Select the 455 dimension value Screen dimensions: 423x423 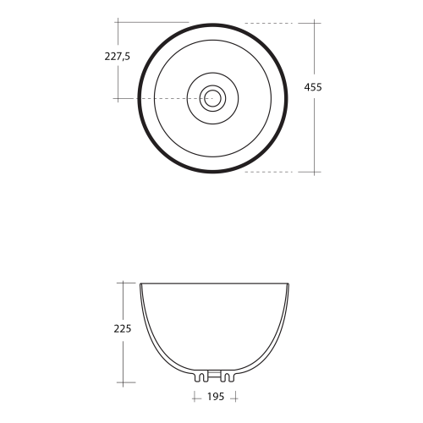(313, 87)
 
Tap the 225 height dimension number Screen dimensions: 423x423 (122, 328)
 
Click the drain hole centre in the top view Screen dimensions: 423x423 (212, 98)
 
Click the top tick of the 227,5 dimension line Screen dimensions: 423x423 (118, 23)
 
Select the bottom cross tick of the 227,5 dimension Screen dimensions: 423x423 (118, 99)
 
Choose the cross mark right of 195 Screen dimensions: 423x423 (235, 397)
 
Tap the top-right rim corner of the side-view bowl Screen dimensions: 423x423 (290, 283)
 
